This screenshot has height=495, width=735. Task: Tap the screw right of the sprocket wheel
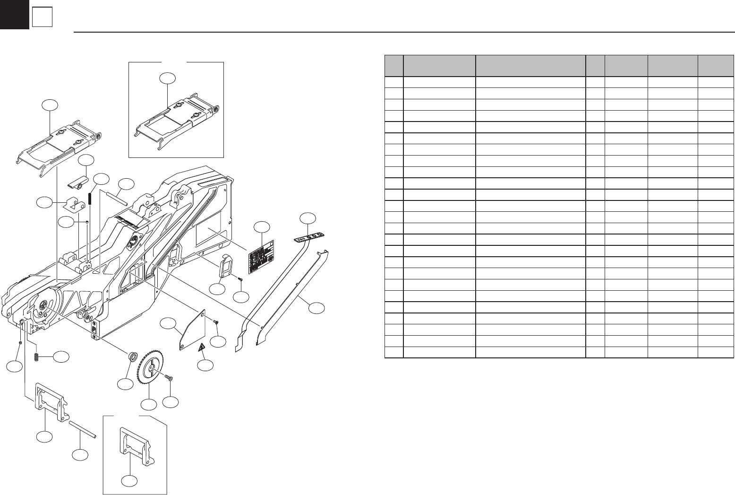coord(170,377)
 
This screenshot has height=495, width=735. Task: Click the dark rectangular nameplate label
coord(262,255)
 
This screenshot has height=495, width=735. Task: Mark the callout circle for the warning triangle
coord(205,365)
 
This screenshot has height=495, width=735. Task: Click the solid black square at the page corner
coord(14,14)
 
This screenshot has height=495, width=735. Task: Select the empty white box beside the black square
coord(42,18)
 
